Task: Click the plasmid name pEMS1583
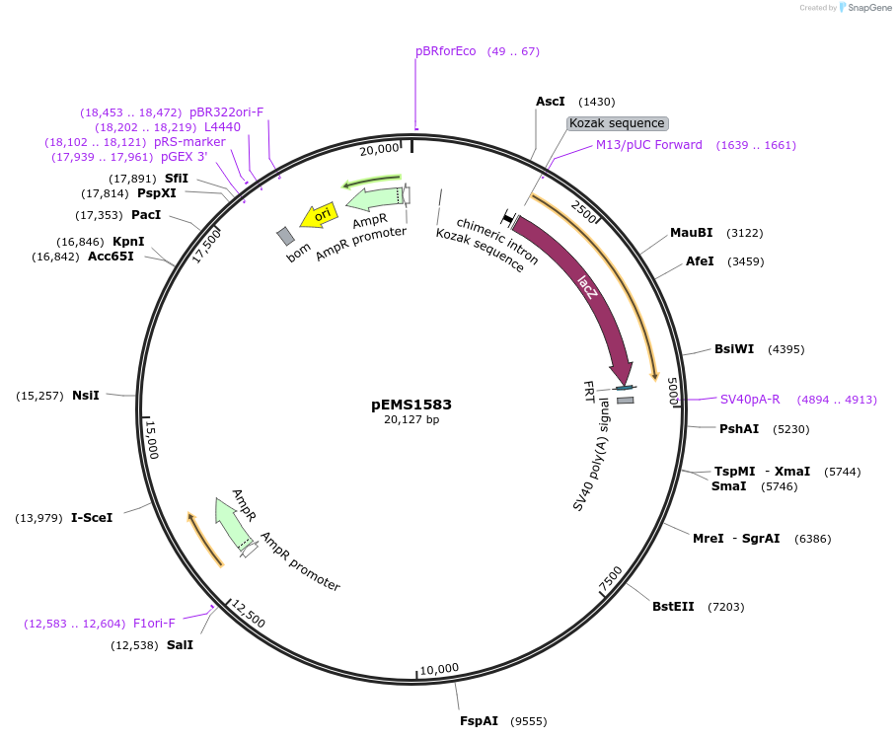point(411,405)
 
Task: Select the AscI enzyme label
point(551,102)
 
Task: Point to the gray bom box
point(285,236)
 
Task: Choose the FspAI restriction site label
point(480,721)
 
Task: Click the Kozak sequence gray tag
point(618,123)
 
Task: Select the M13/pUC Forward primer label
point(649,145)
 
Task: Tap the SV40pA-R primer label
point(750,400)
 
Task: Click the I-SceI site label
point(92,518)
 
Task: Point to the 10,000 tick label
point(439,669)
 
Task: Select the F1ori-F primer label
point(154,624)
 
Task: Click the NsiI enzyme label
point(86,396)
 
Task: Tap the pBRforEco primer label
point(446,51)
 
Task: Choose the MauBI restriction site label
point(691,233)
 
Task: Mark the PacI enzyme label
point(146,215)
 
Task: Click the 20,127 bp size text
point(411,419)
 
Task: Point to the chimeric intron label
point(497,242)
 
